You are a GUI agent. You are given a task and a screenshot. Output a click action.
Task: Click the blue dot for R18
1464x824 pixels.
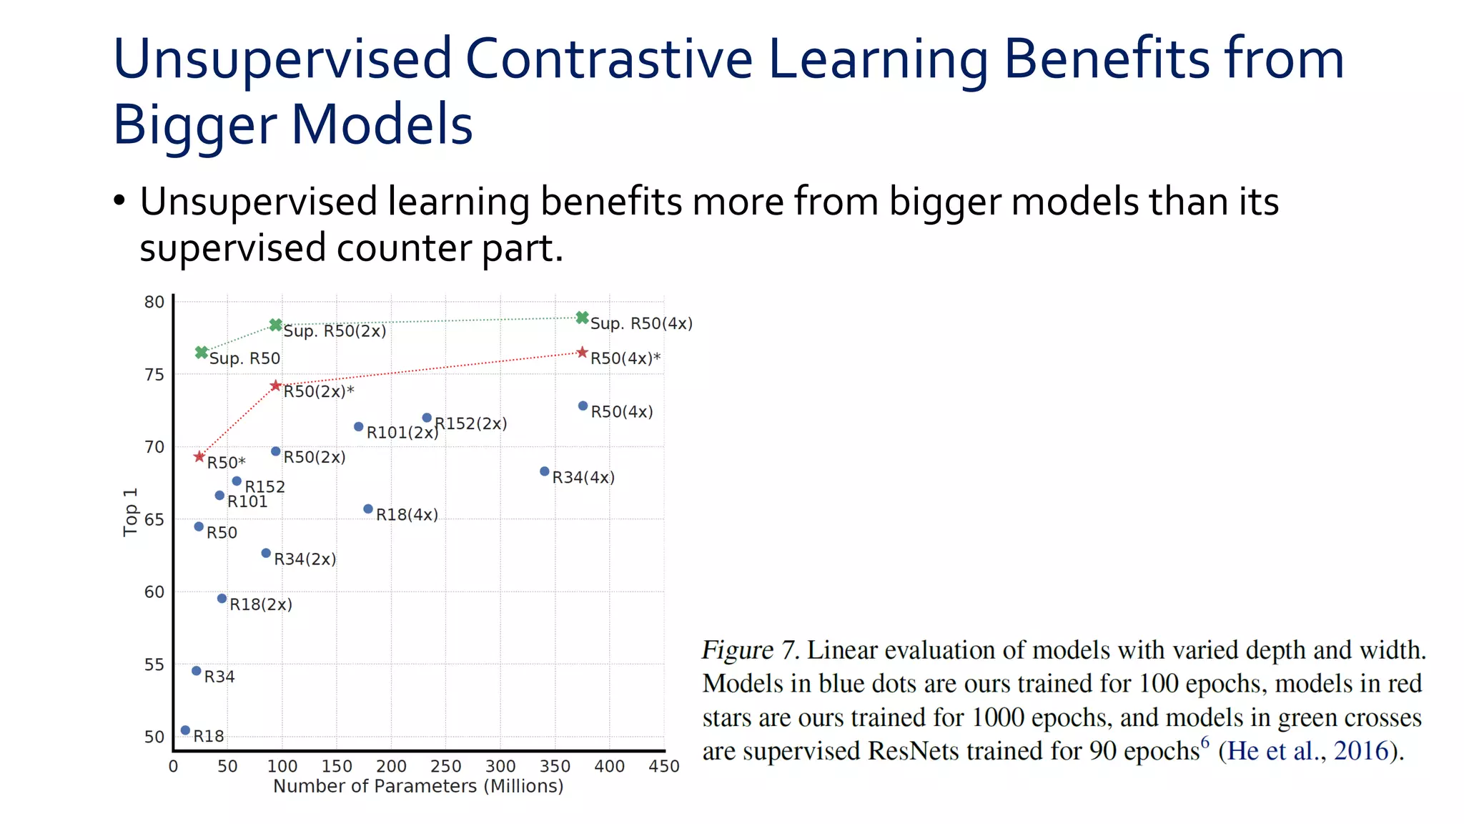(185, 730)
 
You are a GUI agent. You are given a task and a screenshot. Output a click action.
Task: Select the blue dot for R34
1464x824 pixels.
(197, 671)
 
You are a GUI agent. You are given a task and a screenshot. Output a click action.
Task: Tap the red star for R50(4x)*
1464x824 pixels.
(583, 353)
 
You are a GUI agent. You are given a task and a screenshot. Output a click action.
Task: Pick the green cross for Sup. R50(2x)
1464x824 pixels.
(276, 325)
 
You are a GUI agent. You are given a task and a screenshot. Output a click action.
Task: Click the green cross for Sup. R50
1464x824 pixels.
(202, 353)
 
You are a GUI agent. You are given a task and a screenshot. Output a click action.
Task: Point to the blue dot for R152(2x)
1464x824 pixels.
(427, 418)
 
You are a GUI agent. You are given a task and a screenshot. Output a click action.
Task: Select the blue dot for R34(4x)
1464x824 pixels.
(545, 471)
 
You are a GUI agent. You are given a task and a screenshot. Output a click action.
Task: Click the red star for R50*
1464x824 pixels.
(199, 457)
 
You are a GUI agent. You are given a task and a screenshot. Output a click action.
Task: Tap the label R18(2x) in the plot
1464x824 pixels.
(261, 604)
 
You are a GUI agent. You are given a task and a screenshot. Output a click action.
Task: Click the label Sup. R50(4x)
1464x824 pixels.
(641, 323)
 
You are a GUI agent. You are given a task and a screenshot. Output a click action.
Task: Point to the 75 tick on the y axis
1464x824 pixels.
(154, 375)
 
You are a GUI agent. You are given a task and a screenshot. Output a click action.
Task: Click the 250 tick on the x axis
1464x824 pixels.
(445, 767)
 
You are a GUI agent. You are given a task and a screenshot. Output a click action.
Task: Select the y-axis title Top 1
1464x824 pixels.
(130, 512)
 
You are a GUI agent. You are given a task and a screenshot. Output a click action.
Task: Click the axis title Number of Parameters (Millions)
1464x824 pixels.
(418, 786)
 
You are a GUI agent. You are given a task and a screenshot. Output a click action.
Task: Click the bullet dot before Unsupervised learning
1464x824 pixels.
(119, 201)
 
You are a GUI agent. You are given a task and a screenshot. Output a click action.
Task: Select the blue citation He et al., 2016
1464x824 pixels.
(1307, 751)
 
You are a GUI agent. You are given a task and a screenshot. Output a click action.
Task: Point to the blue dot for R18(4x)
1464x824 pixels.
(368, 509)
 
